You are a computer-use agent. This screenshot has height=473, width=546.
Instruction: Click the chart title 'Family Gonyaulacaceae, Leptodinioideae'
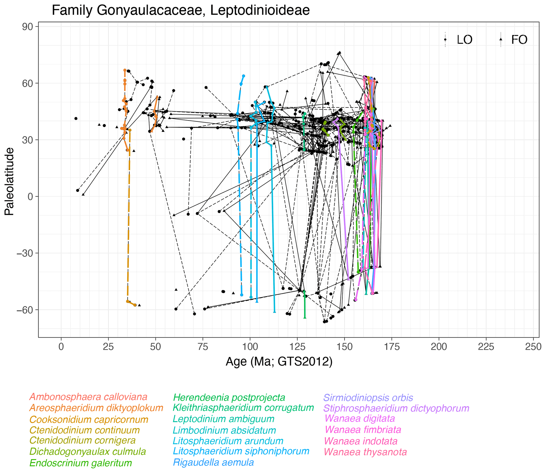click(181, 11)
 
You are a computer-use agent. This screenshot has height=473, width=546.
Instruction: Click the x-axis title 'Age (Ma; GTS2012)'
click(279, 361)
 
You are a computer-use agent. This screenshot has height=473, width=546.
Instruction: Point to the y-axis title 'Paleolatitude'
click(9, 181)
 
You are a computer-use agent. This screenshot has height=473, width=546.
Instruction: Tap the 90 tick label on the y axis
click(27, 27)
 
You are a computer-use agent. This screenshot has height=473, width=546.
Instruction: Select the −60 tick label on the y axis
click(25, 310)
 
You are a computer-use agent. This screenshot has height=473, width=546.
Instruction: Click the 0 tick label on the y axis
click(30, 197)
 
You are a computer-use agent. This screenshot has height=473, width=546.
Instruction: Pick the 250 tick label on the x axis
click(533, 347)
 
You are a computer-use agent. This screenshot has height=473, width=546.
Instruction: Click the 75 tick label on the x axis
click(203, 347)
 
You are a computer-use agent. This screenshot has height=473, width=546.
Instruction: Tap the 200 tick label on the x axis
click(439, 347)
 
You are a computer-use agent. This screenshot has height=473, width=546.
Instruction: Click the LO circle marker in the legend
click(445, 40)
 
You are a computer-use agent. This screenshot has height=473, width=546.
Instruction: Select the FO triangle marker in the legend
click(501, 40)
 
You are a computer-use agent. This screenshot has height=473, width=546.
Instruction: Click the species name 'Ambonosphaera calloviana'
click(88, 397)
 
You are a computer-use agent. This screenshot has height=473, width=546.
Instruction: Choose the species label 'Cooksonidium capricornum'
click(89, 420)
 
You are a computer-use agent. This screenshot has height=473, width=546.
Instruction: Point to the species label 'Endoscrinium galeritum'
click(81, 463)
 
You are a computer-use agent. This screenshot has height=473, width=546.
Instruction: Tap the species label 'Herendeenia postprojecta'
click(229, 398)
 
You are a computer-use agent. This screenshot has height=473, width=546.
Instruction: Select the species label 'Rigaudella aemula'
click(213, 462)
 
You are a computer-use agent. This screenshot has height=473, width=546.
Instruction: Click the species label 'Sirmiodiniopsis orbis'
click(368, 398)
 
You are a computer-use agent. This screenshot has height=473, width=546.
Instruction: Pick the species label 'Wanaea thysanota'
click(365, 452)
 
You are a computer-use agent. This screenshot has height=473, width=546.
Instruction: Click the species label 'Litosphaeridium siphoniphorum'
click(241, 451)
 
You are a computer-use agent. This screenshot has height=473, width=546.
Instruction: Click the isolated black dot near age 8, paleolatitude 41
click(76, 119)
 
